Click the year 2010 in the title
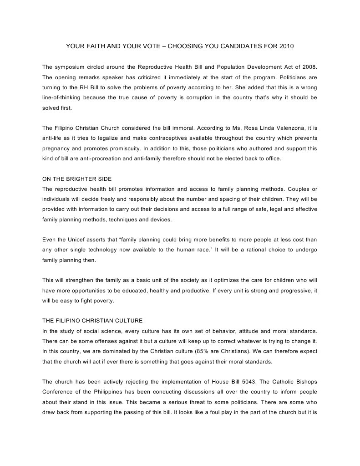pyautogui.click(x=285, y=46)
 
